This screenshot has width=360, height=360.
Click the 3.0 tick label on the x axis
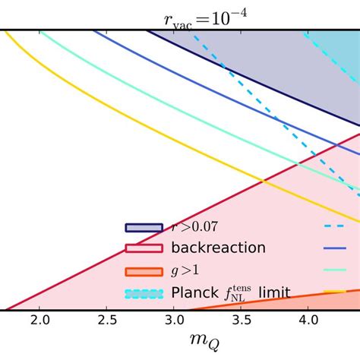pos(174,321)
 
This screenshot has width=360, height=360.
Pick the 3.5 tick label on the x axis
pos(241,321)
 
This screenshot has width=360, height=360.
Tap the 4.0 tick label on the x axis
pos(308,321)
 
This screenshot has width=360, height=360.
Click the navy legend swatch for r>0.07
pos(144,227)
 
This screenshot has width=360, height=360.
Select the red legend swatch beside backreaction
pos(144,248)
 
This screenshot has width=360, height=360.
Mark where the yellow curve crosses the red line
pos(264,181)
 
